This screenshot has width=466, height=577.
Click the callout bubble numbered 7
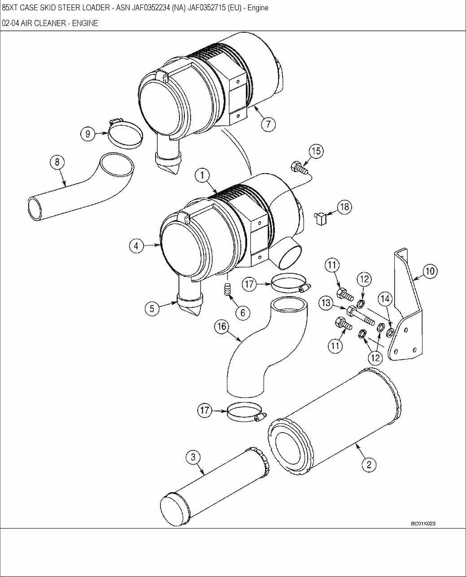click(x=268, y=123)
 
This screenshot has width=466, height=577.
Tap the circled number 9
click(x=88, y=133)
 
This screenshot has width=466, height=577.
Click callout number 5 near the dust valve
click(x=152, y=308)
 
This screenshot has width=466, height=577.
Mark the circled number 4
click(x=136, y=245)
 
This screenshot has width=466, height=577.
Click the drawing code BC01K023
click(x=423, y=524)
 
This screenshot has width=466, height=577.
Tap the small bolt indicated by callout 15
click(x=298, y=168)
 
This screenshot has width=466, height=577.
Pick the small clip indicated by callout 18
click(x=321, y=219)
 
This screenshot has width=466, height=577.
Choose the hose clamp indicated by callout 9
click(x=125, y=134)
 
